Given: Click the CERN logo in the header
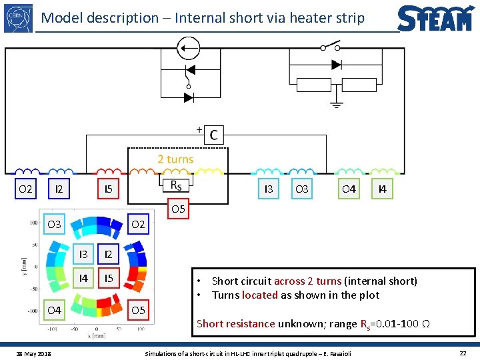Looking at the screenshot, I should pos(18,18).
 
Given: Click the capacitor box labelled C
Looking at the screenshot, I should pos(213,135).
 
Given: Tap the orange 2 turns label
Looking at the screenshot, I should pos(175,159).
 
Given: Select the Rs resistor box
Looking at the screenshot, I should pos(176,185).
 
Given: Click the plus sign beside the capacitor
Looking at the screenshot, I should pos(199,129).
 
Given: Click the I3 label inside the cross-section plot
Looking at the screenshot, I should pos(83,254).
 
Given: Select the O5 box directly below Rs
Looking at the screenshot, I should pos(178,209).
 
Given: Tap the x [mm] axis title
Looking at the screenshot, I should pos(79,336).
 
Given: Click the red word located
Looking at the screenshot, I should pos(260,295).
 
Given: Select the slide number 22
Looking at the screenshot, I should pos(463,352).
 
